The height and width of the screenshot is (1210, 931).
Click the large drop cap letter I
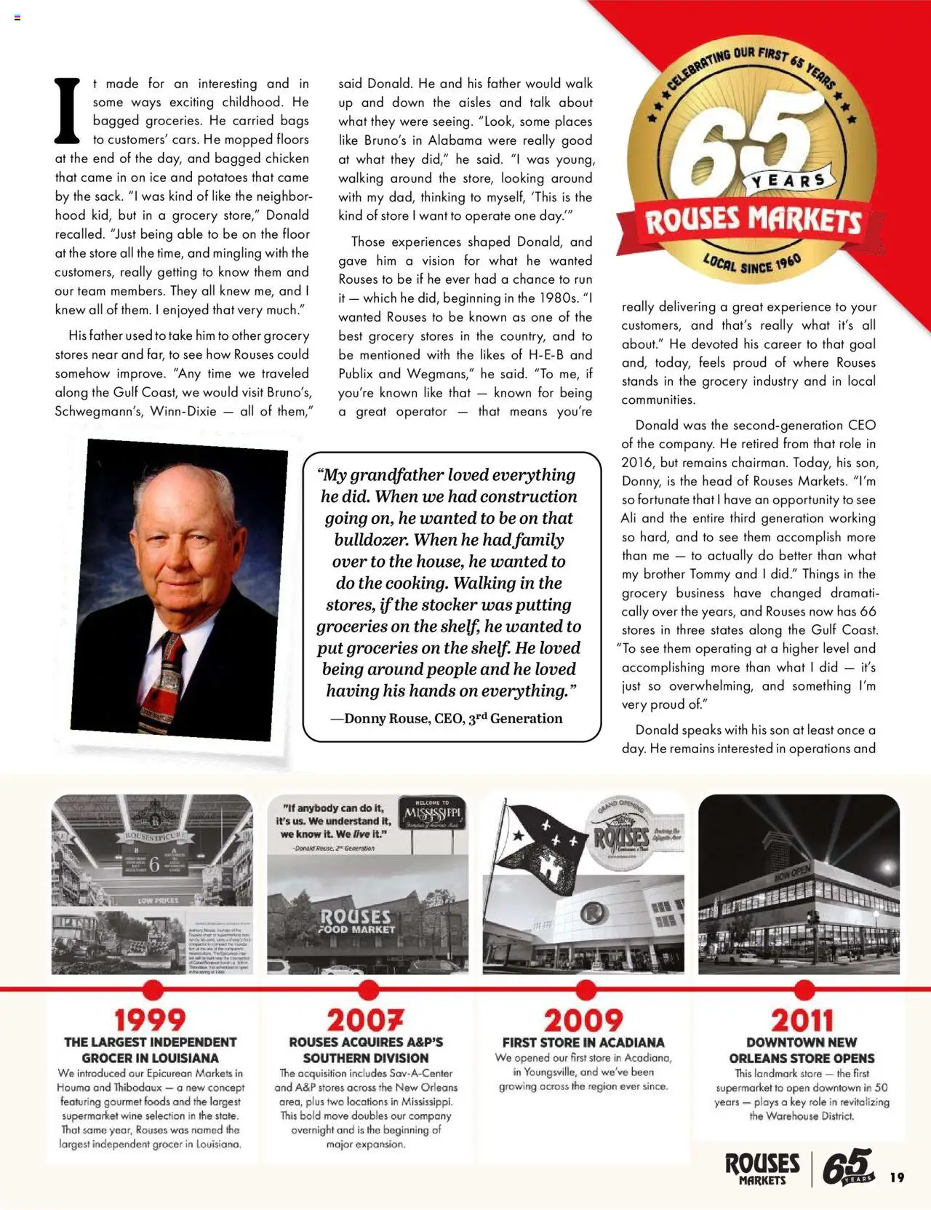[x=68, y=111]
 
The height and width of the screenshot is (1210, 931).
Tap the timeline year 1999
[x=151, y=1020]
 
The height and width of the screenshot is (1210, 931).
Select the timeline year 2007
[x=365, y=1020]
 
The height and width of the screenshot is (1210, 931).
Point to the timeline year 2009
[x=583, y=1020]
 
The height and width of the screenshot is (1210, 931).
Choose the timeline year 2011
[x=802, y=1020]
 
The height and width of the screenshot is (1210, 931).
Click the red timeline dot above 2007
[x=369, y=990]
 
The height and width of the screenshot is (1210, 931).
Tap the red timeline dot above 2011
[x=804, y=990]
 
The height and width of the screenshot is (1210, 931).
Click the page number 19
[x=897, y=1177]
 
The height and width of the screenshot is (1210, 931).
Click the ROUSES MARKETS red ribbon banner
[x=753, y=221]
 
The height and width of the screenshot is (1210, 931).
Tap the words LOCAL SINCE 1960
[x=752, y=264]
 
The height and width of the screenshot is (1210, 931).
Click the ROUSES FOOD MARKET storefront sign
[x=356, y=921]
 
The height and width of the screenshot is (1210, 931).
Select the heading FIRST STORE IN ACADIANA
[x=583, y=1043]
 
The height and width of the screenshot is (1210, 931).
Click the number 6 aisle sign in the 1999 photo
[x=154, y=865]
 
